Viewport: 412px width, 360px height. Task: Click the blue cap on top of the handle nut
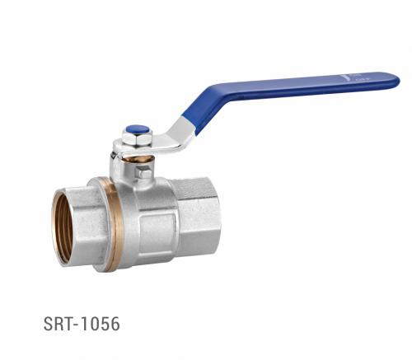pyautogui.click(x=137, y=129)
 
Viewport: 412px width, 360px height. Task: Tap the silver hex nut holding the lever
pyautogui.click(x=136, y=140)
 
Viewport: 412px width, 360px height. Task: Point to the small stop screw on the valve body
pyautogui.click(x=145, y=172)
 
